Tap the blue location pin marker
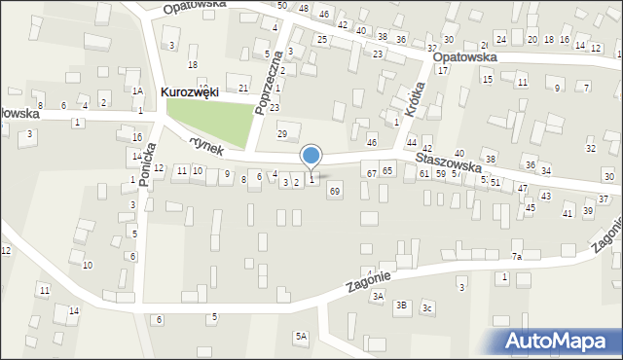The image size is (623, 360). (311, 156)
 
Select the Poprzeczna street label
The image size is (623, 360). (261, 92)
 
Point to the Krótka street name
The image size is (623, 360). (415, 98)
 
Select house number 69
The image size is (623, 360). (334, 192)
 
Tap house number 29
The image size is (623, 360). (282, 133)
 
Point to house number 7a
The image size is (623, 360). (518, 257)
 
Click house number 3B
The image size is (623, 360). (401, 305)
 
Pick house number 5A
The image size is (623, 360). (302, 336)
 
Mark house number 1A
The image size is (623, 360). (138, 90)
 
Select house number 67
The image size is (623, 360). (371, 172)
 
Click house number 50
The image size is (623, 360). (281, 6)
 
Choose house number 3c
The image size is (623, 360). (427, 308)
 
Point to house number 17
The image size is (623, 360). (442, 70)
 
